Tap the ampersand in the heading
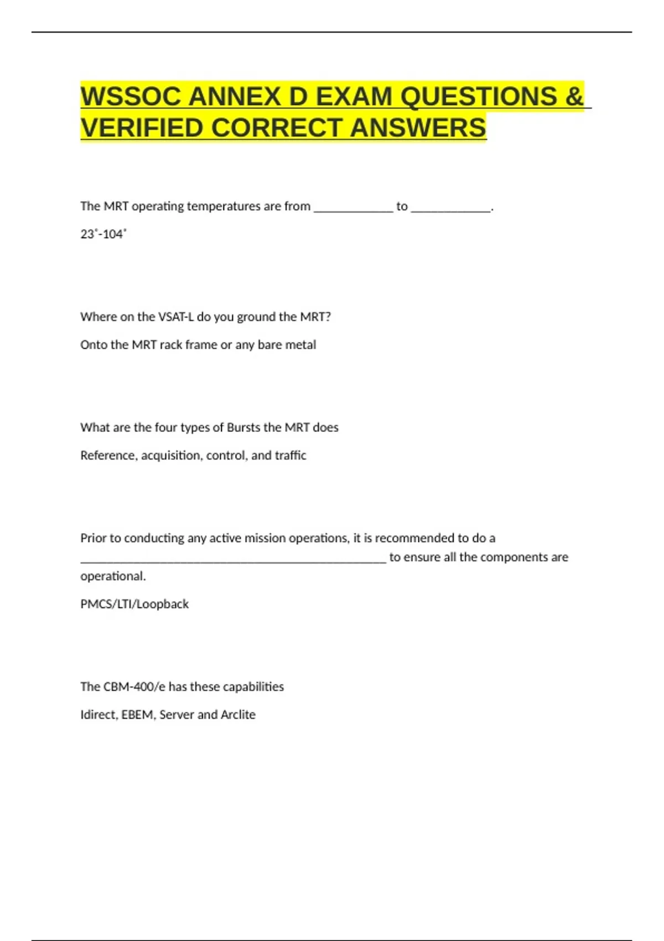[x=574, y=97]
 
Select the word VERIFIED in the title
[x=142, y=128]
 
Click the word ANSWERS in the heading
[x=418, y=128]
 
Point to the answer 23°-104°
[x=103, y=234]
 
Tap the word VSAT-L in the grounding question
[x=176, y=317]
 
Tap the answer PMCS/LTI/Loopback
[x=134, y=604]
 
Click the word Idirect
[x=98, y=715]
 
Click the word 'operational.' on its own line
[x=113, y=576]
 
